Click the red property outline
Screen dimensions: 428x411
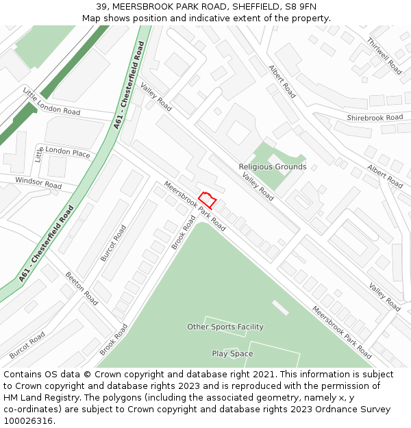(208, 200)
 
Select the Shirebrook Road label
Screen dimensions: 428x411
(375, 118)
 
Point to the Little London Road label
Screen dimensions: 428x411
(51, 101)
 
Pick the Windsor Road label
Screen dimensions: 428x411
(38, 182)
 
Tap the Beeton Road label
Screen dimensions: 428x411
(82, 288)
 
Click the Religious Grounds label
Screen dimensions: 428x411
(273, 166)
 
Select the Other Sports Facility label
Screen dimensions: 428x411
(225, 327)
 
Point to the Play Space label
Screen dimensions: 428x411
(232, 353)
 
